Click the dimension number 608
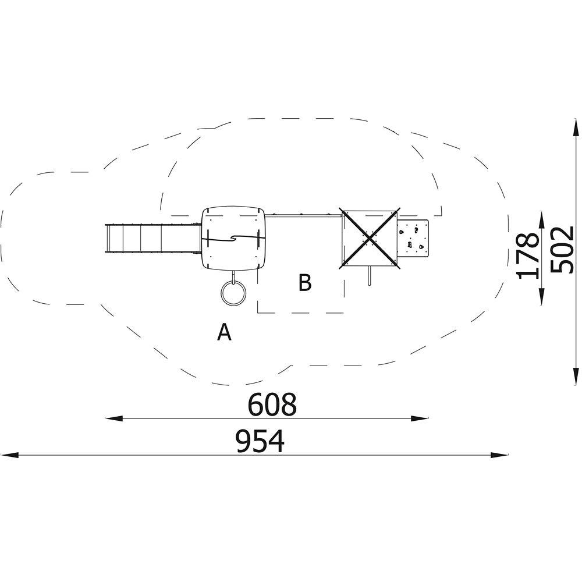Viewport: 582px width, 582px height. click(x=272, y=404)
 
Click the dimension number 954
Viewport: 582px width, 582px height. click(x=260, y=441)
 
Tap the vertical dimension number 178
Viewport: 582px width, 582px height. click(x=527, y=255)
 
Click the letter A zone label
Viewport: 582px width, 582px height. click(x=224, y=332)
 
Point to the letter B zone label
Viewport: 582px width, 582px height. click(x=305, y=283)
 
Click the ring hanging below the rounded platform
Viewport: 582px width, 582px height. click(x=233, y=293)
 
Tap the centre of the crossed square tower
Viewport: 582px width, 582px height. click(x=370, y=238)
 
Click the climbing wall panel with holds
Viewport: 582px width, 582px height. click(x=413, y=238)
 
